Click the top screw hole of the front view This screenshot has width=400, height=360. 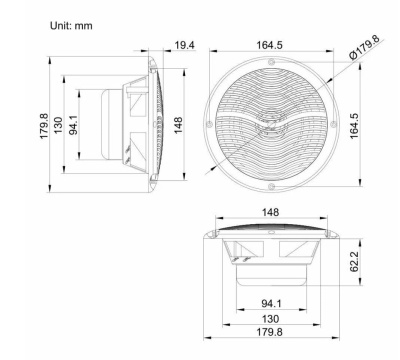[273, 65]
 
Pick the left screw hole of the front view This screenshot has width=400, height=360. [211, 127]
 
